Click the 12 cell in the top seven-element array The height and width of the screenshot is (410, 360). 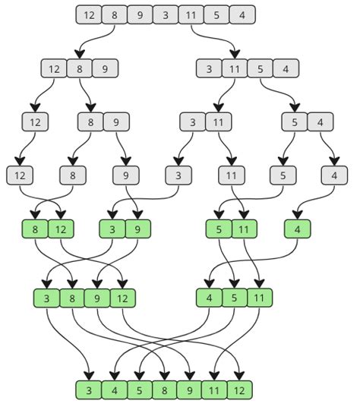pos(89,14)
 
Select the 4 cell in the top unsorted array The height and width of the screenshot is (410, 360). pos(242,14)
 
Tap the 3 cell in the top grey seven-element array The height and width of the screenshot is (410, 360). pos(166,14)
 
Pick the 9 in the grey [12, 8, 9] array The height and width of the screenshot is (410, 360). pos(105,68)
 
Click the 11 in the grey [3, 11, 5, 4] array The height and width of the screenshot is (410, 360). pos(234,68)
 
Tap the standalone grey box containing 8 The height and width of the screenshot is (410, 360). pos(74,175)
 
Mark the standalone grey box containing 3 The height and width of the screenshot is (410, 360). pos(178,175)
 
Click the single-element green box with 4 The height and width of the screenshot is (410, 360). pos(298,228)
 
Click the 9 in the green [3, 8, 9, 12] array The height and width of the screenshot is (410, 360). pos(96,298)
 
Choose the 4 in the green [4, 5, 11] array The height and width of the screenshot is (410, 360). pos(209,298)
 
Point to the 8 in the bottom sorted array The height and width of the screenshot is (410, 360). pos(166,391)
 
